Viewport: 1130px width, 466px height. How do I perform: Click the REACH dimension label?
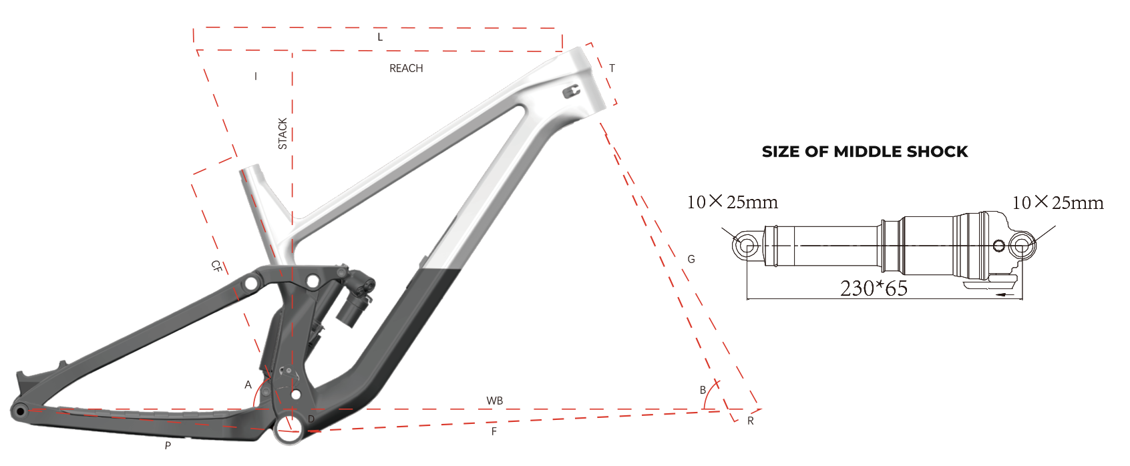(x=406, y=69)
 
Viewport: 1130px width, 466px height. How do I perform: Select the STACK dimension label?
(x=282, y=134)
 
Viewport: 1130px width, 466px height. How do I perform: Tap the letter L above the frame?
(x=381, y=37)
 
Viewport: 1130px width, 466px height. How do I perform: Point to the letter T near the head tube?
(x=612, y=68)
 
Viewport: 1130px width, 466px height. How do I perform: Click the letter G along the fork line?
(x=691, y=259)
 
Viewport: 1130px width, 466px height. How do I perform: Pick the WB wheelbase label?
(x=494, y=401)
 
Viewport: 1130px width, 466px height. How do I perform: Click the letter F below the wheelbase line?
(x=494, y=431)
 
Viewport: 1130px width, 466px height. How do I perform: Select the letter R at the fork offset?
(x=751, y=421)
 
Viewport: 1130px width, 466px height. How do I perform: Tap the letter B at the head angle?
(x=703, y=390)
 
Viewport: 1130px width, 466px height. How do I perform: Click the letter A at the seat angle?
(x=248, y=385)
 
